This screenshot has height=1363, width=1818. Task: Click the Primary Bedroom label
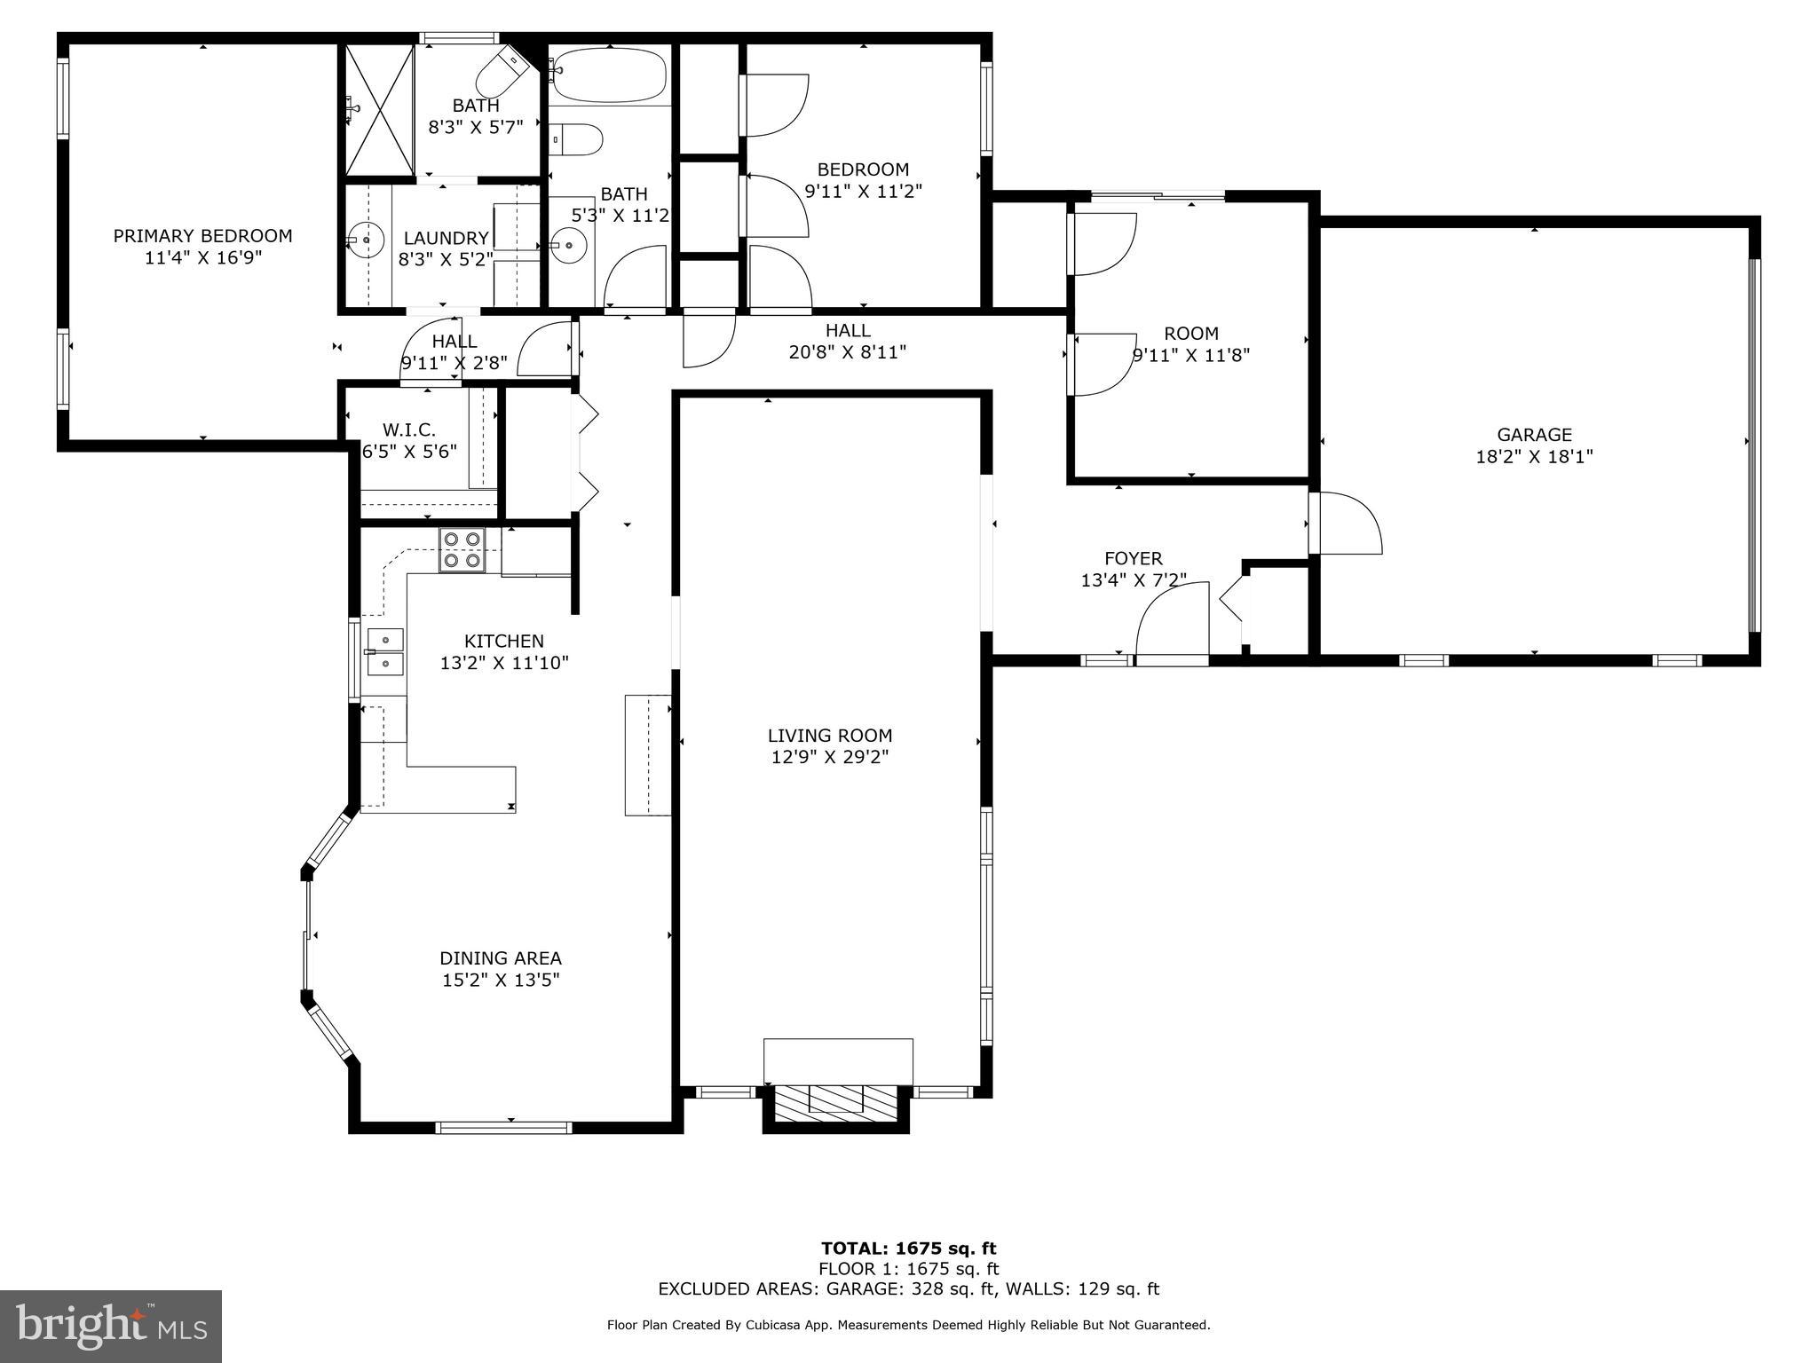point(202,236)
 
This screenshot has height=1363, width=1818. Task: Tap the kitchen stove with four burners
point(462,549)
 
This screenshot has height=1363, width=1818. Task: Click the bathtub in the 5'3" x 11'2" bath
point(608,75)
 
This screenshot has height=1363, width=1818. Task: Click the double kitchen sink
point(385,651)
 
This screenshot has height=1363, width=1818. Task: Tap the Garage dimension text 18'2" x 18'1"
point(1534,457)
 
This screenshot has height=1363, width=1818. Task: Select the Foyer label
point(1133,558)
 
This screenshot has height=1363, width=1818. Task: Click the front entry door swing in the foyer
point(1172,621)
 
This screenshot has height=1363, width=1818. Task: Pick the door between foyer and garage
point(1345,525)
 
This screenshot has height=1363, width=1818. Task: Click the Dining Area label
point(501,958)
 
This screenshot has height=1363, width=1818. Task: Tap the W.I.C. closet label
point(409,430)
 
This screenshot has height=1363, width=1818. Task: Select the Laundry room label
point(446,238)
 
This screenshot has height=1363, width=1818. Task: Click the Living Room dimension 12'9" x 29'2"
point(830,757)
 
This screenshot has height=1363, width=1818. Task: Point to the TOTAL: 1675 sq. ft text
point(908,1249)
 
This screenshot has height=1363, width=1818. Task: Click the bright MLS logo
point(111,1326)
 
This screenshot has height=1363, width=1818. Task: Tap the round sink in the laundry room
point(365,240)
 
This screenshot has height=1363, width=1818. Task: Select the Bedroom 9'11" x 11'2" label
point(863,169)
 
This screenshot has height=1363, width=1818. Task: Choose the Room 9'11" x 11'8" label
point(1190,334)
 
